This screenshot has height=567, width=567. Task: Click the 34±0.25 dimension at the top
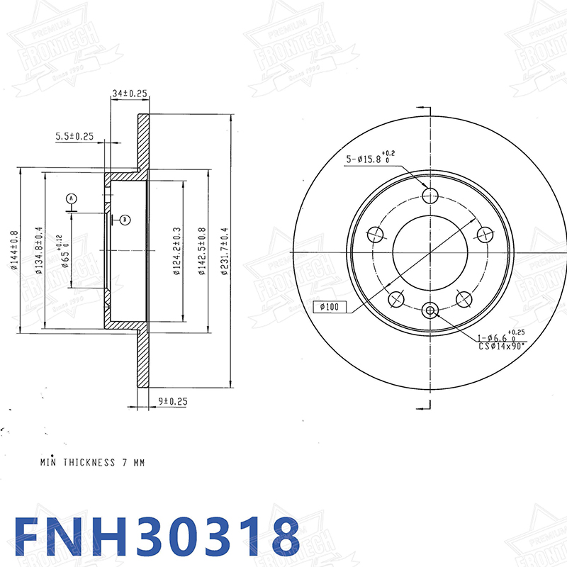129,93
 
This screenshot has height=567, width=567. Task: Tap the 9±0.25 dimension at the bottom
172,401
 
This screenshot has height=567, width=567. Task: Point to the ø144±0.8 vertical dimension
13,250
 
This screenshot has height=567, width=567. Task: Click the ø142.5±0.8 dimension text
202,250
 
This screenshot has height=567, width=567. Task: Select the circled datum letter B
125,220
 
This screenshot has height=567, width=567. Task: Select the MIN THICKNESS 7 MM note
92,462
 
